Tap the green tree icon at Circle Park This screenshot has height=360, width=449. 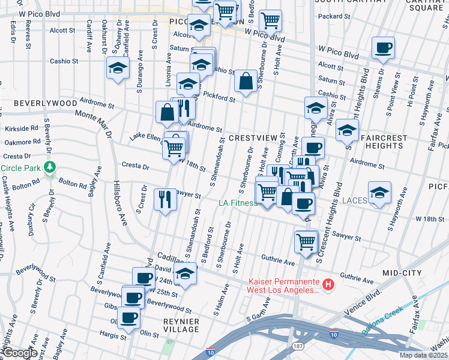tap(50, 167)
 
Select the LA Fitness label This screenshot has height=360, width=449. tap(238, 203)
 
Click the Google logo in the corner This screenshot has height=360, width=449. tap(20, 353)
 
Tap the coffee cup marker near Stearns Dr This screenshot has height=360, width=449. tap(383, 47)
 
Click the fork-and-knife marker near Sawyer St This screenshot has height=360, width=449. tap(165, 198)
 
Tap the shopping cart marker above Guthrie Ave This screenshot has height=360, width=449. tap(306, 241)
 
